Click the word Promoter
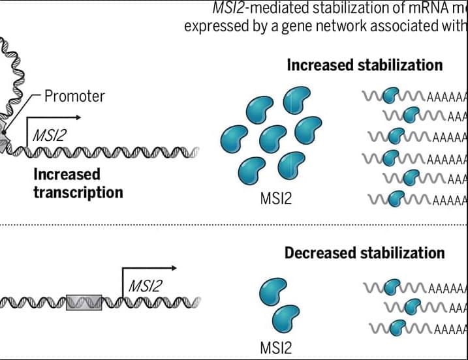click(x=74, y=97)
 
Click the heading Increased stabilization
click(x=365, y=65)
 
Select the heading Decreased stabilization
click(x=365, y=252)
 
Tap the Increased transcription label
click(x=78, y=183)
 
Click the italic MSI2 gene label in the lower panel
click(x=145, y=285)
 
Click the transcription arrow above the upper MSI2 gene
click(x=55, y=118)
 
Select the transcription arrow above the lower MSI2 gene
click(x=150, y=268)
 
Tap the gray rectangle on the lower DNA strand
click(x=84, y=302)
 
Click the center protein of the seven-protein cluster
click(x=270, y=139)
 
